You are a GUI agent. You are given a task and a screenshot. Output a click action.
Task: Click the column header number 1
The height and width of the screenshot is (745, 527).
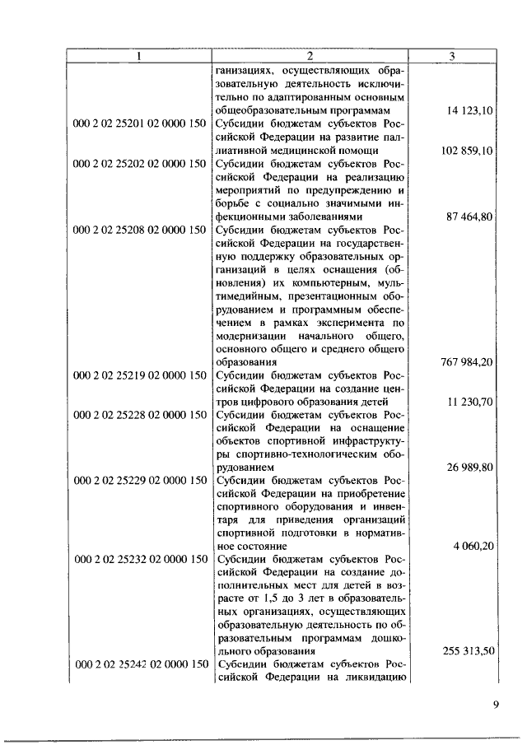point(139,56)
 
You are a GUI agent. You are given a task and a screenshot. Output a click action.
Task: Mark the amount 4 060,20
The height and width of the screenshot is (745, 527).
point(473,546)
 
